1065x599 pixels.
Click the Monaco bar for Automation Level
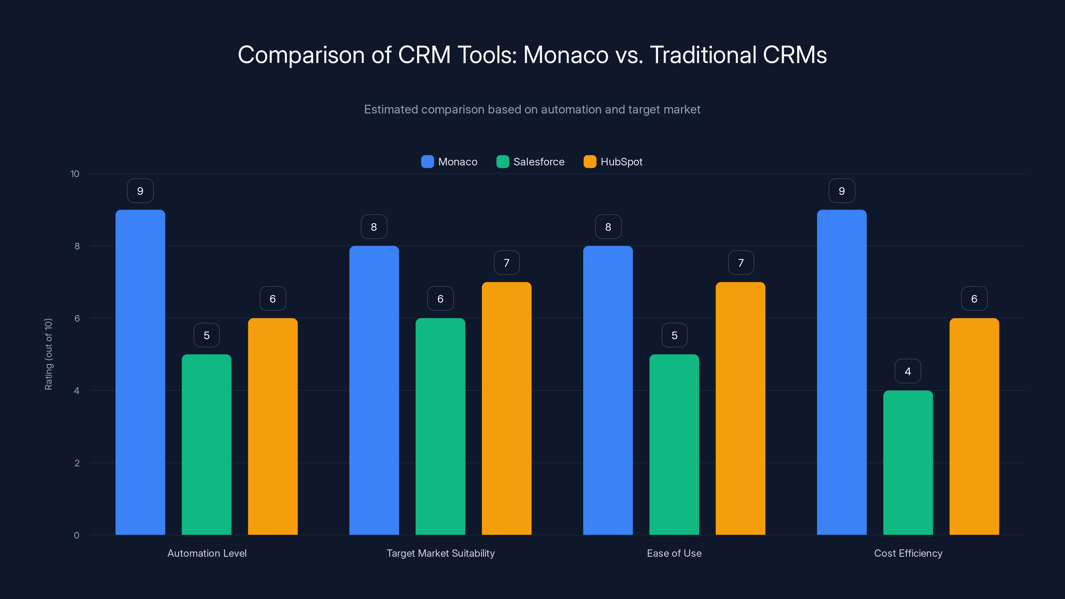click(140, 372)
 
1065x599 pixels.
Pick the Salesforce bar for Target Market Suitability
click(440, 426)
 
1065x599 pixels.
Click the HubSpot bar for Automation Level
click(273, 426)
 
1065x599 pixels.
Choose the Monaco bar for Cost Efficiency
click(841, 372)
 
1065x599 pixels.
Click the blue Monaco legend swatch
click(427, 162)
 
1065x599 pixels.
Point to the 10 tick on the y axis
click(75, 174)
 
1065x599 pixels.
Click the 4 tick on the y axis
click(77, 391)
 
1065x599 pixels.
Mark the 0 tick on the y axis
click(77, 535)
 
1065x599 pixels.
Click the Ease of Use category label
click(674, 553)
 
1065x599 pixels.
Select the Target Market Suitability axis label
click(440, 553)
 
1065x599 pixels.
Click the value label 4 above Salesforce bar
click(908, 371)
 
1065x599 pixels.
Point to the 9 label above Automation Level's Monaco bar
click(140, 191)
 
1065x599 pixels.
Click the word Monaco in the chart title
click(565, 55)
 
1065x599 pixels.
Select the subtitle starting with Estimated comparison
click(532, 109)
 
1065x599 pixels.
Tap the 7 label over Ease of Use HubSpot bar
click(741, 263)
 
